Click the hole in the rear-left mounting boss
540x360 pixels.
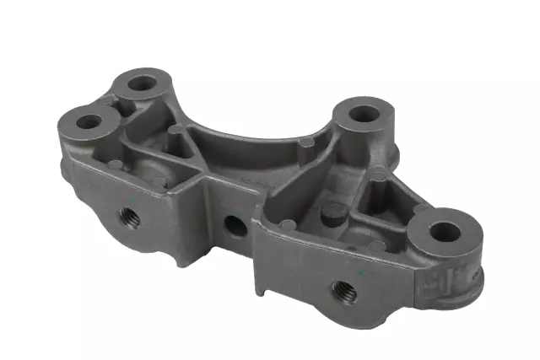[142, 83]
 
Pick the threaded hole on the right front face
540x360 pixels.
[345, 292]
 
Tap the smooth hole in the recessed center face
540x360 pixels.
[235, 224]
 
